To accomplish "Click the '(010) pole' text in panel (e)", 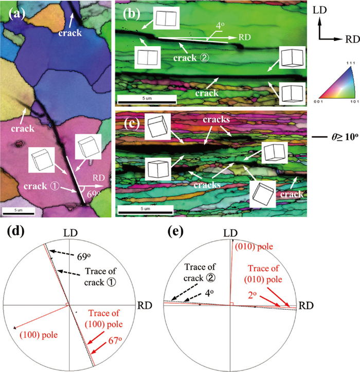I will pos(253,248).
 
